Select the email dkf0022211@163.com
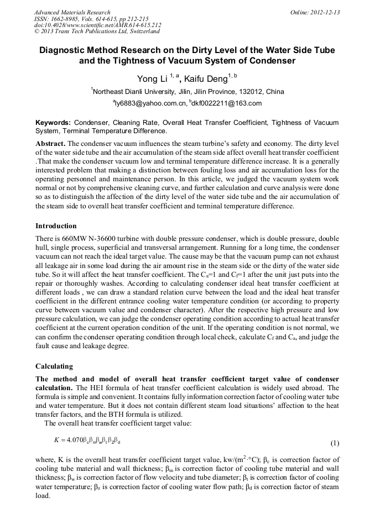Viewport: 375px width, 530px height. [x=227, y=103]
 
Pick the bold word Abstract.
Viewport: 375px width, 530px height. [x=50, y=143]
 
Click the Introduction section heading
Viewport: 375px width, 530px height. [x=56, y=226]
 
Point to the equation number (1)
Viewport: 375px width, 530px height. [x=335, y=443]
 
